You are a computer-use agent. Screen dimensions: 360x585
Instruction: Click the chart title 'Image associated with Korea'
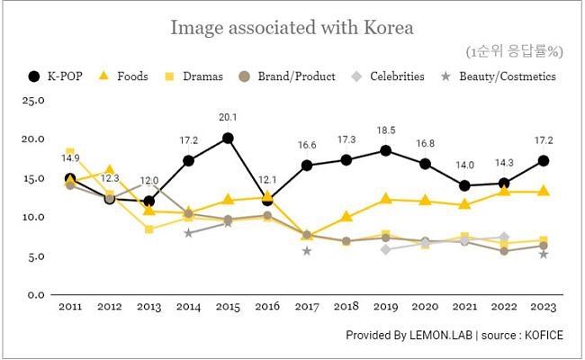pos(292,28)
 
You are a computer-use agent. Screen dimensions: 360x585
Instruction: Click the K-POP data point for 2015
pos(228,139)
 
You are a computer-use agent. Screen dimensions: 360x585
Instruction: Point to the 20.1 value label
pos(228,118)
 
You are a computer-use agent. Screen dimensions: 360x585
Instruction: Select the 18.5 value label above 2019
pos(385,130)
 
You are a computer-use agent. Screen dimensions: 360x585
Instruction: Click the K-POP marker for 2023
pos(544,161)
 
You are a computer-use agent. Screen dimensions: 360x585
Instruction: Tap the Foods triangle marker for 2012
pos(110,170)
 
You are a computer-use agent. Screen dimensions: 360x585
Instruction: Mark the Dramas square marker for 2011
pos(70,152)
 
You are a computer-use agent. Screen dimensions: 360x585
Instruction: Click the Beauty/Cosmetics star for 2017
pos(307,251)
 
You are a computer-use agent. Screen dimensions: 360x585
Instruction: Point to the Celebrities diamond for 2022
pos(504,238)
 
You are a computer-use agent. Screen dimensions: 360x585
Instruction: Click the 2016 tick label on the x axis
pos(267,307)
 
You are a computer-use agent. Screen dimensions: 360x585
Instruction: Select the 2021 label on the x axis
pos(464,307)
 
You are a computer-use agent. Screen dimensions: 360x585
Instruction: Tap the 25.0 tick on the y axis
pos(33,100)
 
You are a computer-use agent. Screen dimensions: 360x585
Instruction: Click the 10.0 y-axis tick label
pos(33,217)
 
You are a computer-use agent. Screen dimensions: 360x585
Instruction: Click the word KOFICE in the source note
pos(542,336)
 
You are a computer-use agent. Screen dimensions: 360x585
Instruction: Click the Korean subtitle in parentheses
pos(514,50)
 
